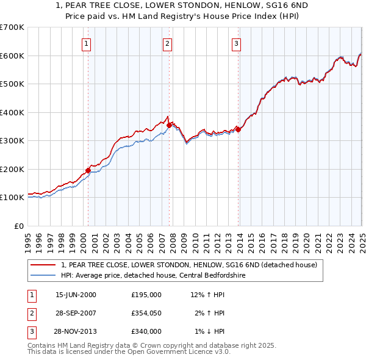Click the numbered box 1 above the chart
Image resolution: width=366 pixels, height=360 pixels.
(x=87, y=43)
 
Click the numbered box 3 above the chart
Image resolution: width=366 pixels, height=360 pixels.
(x=237, y=43)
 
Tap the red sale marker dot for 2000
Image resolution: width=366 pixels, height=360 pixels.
(x=88, y=171)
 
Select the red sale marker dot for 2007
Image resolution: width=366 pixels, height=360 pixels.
(x=169, y=126)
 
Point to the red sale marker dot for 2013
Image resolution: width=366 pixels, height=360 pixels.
(x=239, y=129)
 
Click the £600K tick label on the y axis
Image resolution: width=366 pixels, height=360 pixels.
(x=12, y=56)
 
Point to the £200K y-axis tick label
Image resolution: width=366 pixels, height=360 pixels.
(x=12, y=169)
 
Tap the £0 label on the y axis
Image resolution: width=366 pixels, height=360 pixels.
(x=18, y=226)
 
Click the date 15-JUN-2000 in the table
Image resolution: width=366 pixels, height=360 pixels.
(x=76, y=295)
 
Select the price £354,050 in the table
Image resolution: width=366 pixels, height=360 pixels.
(x=146, y=313)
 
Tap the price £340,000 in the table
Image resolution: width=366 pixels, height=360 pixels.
(x=146, y=331)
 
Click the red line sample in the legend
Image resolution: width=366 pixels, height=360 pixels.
(x=43, y=265)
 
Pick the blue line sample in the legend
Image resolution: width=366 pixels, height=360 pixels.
(x=43, y=275)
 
